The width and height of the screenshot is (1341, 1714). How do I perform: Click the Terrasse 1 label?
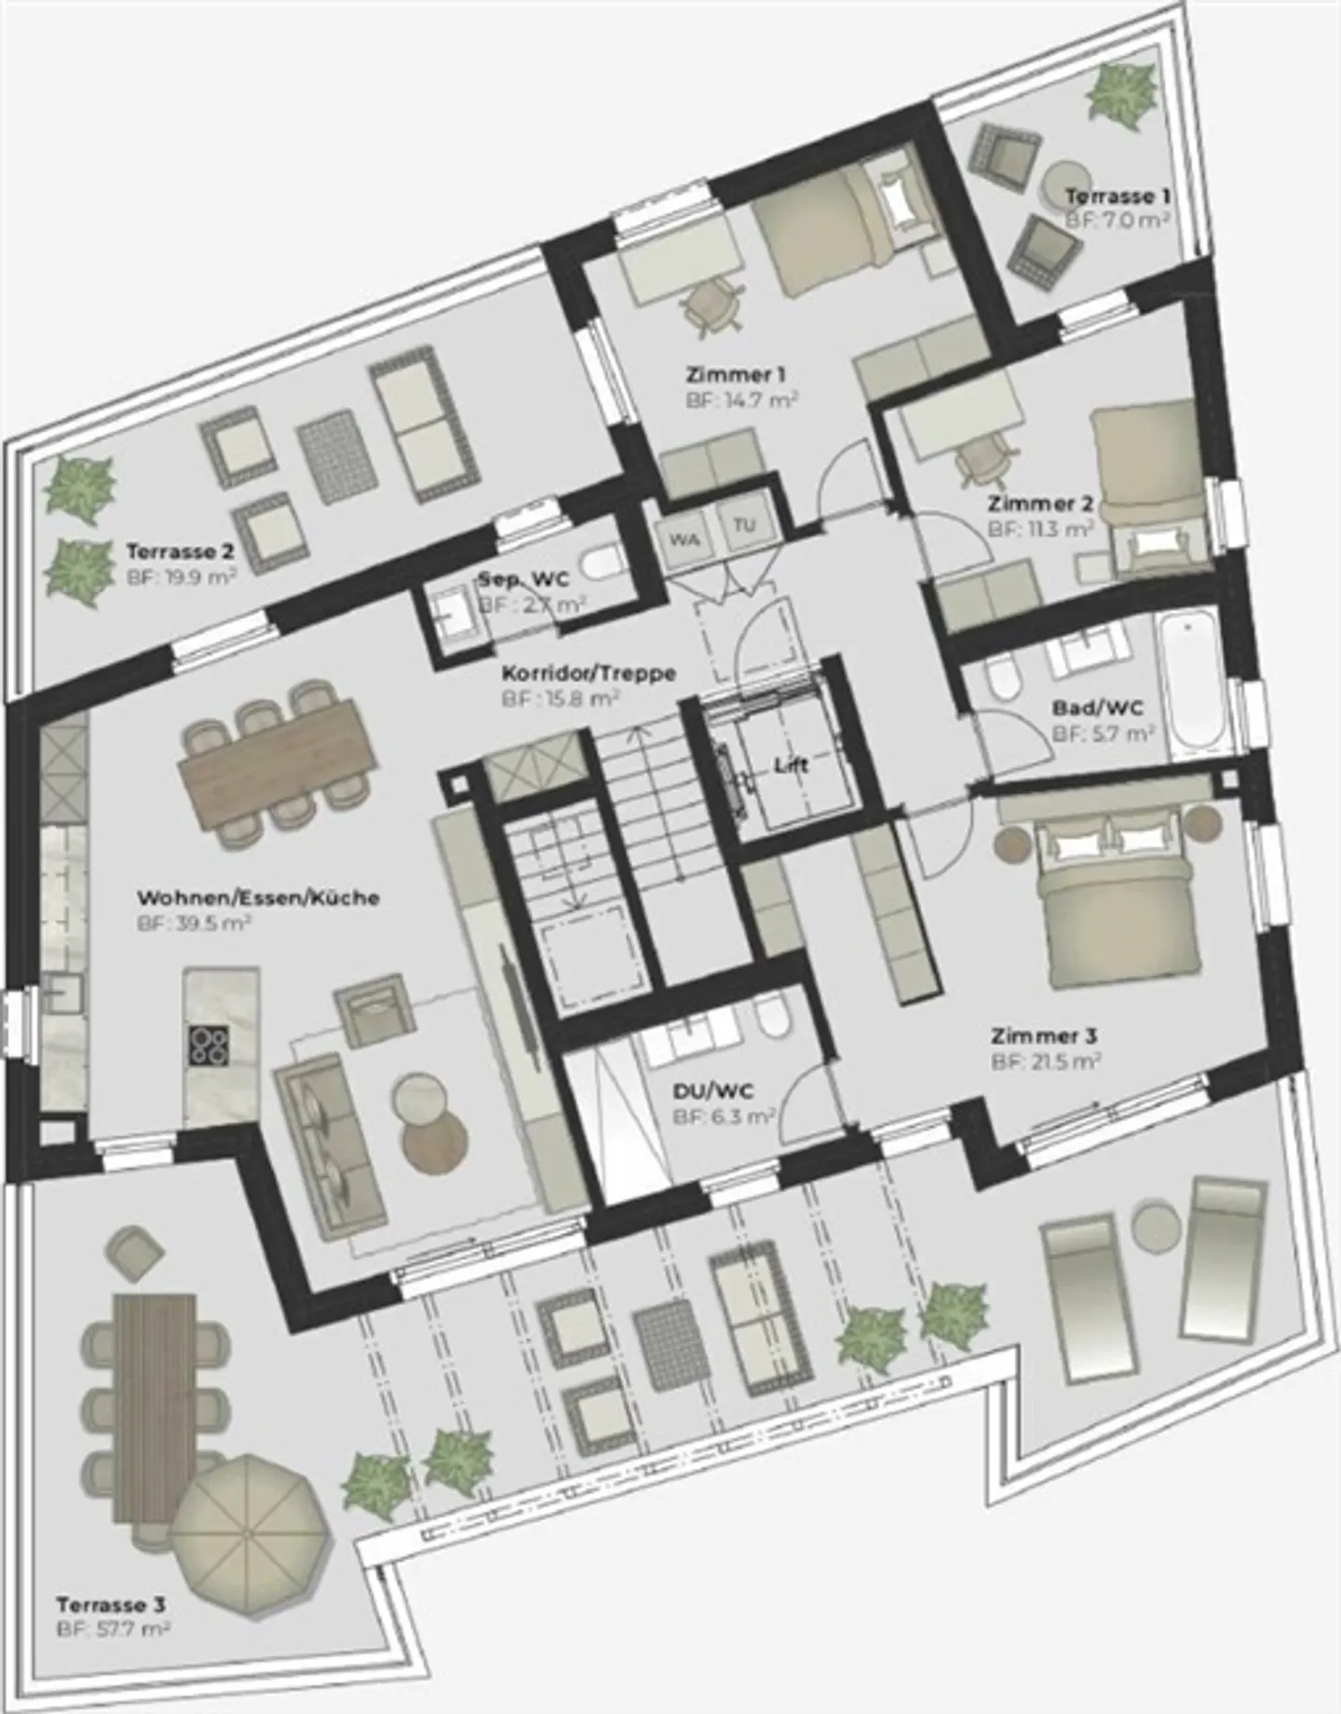tap(1117, 196)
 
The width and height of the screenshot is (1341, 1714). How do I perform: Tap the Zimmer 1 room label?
tap(736, 375)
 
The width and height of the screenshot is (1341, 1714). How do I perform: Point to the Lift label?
tap(792, 765)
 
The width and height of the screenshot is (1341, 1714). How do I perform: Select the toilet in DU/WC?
tap(771, 1020)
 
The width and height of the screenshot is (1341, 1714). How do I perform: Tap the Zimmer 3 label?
tap(1044, 1035)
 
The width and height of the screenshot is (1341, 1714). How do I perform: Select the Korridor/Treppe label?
tap(589, 672)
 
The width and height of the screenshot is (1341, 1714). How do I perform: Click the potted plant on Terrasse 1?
tap(1118, 90)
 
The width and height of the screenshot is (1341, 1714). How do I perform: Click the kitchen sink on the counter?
tap(62, 995)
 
